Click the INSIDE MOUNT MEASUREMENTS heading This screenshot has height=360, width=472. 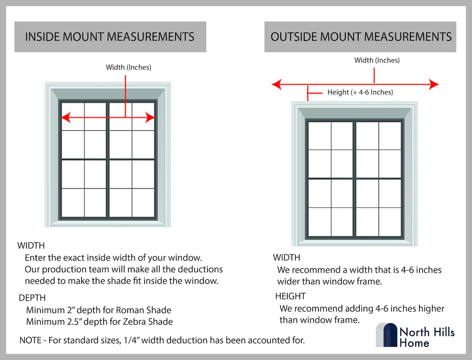coord(110,37)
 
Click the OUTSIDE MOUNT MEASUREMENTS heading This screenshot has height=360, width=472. coord(361,37)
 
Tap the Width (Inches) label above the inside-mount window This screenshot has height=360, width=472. coord(128,67)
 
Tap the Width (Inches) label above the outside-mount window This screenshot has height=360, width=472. coord(377,60)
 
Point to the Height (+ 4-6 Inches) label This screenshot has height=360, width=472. coord(360,92)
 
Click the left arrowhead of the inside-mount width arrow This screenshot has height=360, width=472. coord(65,118)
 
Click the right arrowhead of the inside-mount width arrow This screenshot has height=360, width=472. coord(150,118)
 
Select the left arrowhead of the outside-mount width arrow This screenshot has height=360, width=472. coord(277,84)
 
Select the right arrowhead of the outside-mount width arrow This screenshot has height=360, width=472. coord(434,84)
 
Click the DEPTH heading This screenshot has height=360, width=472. coord(32,298)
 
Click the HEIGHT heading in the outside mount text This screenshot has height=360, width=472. coord(290,296)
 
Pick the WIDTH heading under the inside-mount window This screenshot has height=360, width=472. coord(31,246)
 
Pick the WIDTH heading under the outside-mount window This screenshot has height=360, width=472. coord(287,258)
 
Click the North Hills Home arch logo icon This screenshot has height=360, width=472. coord(387,335)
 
